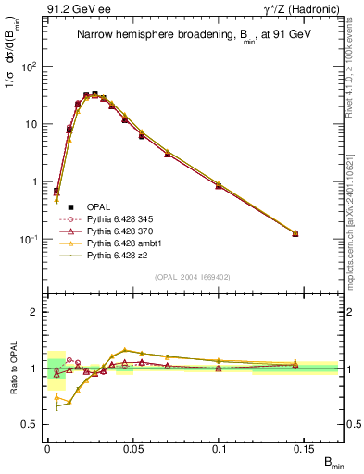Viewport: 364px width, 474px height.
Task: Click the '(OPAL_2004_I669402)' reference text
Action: point(192,276)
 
